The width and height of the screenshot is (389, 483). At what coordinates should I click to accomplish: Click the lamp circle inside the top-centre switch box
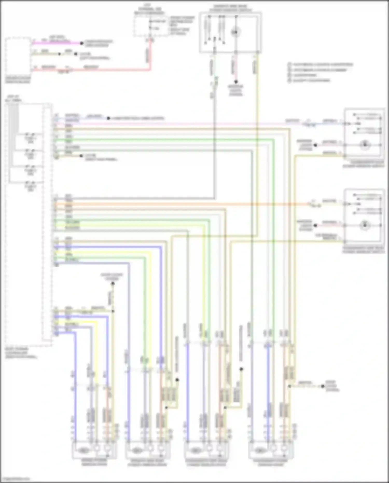point(236,32)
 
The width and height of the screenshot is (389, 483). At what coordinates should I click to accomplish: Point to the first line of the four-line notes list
point(321,64)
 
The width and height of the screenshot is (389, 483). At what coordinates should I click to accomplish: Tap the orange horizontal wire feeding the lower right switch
point(182,204)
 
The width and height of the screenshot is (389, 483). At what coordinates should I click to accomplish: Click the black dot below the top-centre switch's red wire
point(236,82)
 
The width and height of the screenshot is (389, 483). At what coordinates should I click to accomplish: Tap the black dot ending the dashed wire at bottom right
point(323,386)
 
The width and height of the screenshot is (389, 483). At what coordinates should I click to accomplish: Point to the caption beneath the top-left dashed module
point(18,80)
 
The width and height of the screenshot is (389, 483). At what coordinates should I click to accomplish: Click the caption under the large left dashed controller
point(21,353)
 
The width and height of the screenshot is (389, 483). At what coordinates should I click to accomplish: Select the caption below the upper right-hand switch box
point(363,165)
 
